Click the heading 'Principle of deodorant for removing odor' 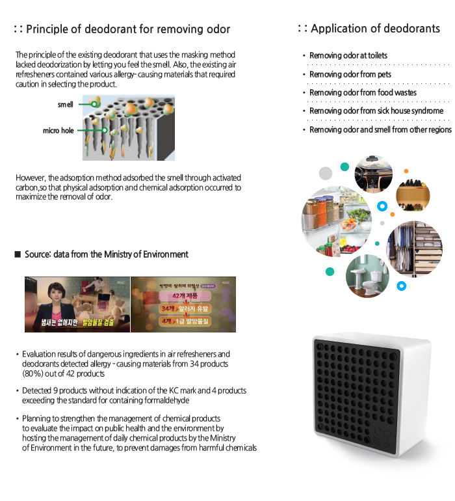click(x=128, y=29)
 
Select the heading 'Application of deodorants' click(x=375, y=29)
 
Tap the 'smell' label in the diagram click(x=66, y=104)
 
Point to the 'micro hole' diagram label click(x=58, y=131)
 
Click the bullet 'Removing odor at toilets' click(x=348, y=56)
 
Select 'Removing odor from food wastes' click(x=363, y=92)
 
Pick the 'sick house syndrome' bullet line click(x=376, y=111)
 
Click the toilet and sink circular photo click(x=367, y=275)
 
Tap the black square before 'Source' click(x=18, y=254)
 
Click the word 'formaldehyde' click(x=166, y=400)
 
